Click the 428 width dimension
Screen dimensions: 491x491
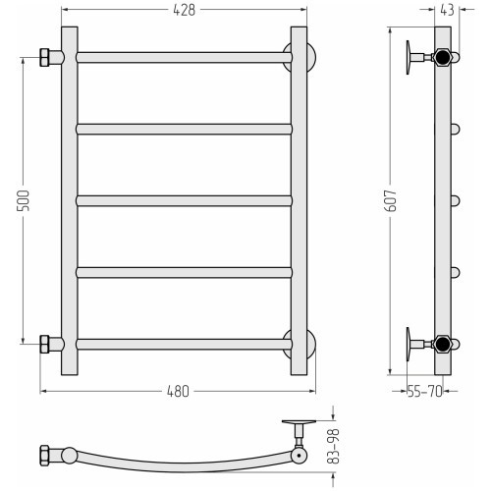pyautogui.click(x=184, y=10)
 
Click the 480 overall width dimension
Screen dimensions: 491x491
pyautogui.click(x=178, y=391)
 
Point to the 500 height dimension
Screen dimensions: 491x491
pyautogui.click(x=24, y=200)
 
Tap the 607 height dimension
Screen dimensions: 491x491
pyautogui.click(x=391, y=200)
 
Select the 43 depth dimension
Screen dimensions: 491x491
pyautogui.click(x=447, y=10)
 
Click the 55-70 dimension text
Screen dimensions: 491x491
pyautogui.click(x=424, y=391)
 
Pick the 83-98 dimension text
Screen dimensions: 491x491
pyautogui.click(x=334, y=447)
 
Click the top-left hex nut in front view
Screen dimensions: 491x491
pyautogui.click(x=44, y=58)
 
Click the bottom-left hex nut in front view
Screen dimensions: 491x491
pyautogui.click(x=44, y=344)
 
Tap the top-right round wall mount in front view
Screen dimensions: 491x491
pyautogui.click(x=311, y=57)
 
